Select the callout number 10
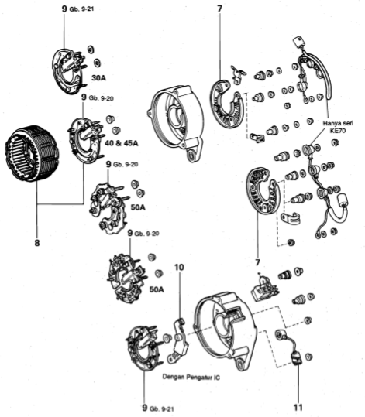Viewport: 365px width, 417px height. (179, 268)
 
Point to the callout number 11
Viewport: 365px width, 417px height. (298, 403)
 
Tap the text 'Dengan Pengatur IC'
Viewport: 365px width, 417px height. (190, 378)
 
